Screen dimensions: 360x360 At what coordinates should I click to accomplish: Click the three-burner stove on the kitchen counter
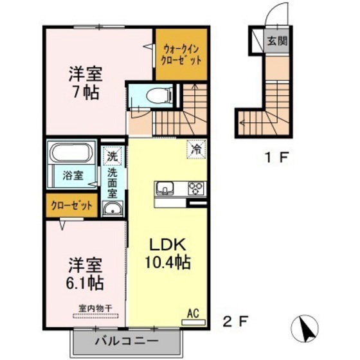coord(195,189)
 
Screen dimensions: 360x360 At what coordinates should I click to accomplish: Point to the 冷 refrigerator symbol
coord(195,148)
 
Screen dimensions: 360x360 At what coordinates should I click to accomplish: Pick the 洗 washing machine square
coord(112,155)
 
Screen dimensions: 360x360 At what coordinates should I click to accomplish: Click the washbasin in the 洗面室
coord(113,208)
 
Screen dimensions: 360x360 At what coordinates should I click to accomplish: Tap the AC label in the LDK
coord(192,313)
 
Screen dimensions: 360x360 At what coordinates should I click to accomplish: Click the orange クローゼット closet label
coord(72,207)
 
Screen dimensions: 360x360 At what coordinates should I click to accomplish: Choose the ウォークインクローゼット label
coord(181,53)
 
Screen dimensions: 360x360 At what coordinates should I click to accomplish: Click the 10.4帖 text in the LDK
coord(168,262)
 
